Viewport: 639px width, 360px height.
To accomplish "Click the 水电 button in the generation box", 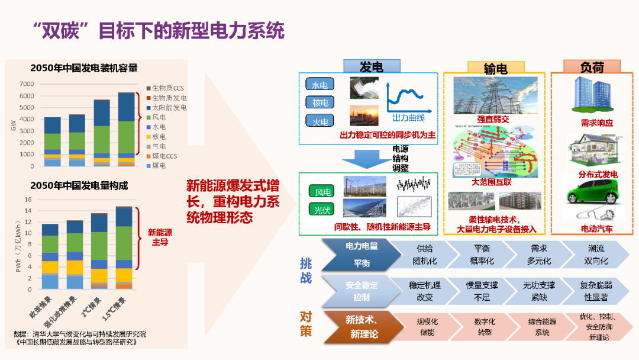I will (x=320, y=85).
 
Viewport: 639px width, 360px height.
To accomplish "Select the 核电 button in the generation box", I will (x=320, y=102).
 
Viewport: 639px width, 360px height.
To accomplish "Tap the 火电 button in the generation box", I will (x=320, y=121).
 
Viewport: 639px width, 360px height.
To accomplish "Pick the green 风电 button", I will (x=322, y=192).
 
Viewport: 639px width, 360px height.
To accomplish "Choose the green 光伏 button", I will (x=322, y=210).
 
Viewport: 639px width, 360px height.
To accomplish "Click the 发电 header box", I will (x=370, y=67).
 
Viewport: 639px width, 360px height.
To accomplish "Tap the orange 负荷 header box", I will (x=591, y=66).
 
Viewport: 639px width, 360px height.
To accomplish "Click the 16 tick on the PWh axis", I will (x=27, y=200).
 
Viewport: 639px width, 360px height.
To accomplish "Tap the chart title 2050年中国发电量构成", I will (x=79, y=185).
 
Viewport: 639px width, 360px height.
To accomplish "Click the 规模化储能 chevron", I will (x=426, y=327).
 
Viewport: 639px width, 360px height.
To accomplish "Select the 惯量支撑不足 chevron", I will (x=482, y=291).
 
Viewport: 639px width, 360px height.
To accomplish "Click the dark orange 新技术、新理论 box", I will (x=362, y=327).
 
